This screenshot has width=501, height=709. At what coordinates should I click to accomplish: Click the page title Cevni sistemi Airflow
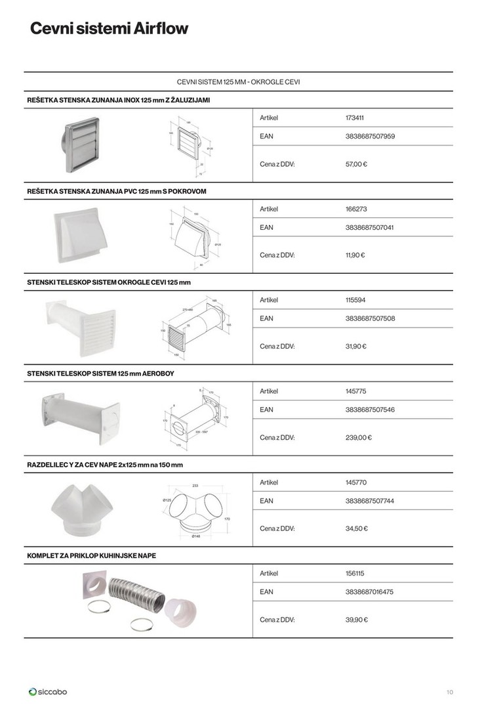108,29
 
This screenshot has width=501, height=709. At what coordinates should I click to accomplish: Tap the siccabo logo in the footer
48,691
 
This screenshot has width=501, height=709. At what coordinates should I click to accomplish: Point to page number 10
449,691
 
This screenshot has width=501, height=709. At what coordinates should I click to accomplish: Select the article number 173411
354,118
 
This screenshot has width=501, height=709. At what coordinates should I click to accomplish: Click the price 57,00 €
356,164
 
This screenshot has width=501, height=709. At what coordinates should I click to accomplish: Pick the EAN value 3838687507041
369,228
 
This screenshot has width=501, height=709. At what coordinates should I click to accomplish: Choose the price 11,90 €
355,255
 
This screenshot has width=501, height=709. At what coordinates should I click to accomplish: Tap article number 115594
355,300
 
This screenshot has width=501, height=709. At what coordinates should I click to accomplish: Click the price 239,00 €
358,437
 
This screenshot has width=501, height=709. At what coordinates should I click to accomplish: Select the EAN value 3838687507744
369,501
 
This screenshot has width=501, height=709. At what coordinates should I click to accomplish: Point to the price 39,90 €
356,620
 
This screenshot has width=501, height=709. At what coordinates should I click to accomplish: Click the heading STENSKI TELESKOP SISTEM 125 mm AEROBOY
100,373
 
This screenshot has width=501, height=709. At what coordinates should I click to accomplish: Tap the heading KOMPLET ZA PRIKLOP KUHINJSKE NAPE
91,555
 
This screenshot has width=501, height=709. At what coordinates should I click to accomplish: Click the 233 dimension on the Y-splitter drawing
195,486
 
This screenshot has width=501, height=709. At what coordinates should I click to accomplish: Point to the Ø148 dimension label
195,536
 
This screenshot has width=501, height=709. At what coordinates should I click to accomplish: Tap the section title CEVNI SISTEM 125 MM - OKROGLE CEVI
239,82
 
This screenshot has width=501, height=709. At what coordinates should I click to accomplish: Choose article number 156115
355,573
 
